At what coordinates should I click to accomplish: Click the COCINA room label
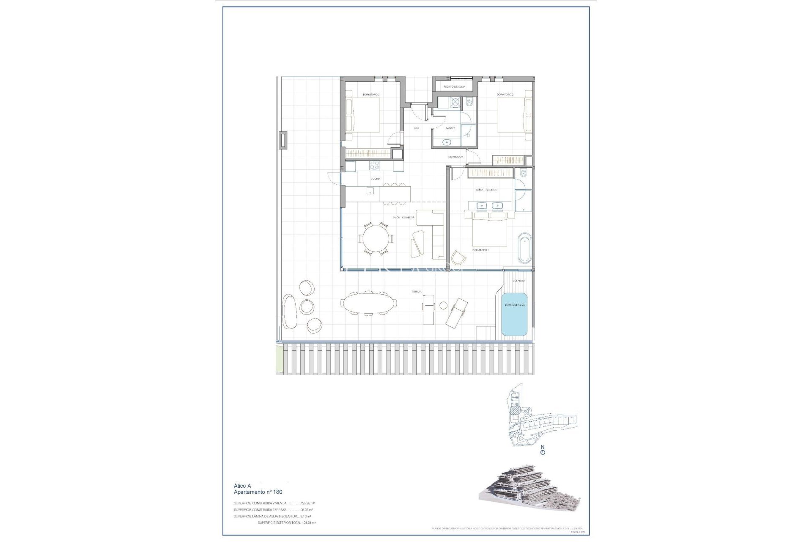click(x=375, y=179)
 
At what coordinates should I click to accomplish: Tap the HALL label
click(x=417, y=128)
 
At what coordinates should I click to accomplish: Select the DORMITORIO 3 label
click(x=371, y=94)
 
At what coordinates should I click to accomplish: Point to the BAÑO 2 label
click(x=450, y=128)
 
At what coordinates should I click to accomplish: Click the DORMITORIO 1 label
click(x=480, y=250)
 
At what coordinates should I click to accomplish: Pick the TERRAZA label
click(x=417, y=292)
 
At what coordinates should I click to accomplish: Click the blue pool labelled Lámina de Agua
click(x=514, y=314)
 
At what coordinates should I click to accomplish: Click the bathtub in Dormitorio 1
click(x=524, y=248)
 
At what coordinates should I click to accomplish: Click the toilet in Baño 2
click(x=469, y=103)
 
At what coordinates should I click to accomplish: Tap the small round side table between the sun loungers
click(x=444, y=305)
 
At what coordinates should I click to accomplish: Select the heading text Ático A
click(x=242, y=486)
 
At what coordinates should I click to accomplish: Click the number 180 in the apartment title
click(x=277, y=492)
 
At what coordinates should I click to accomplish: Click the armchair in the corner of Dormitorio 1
click(x=458, y=257)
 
